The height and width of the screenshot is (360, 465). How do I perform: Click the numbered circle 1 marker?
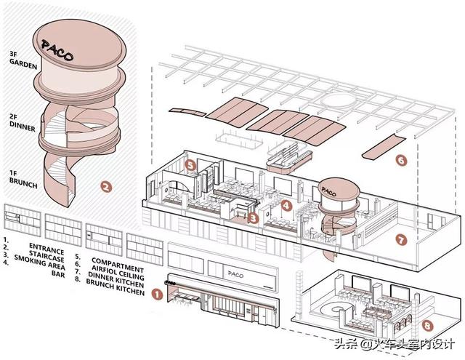tap(157, 294)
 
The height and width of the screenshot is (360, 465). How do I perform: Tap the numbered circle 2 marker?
tap(106, 186)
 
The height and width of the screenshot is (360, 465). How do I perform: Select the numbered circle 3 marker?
tap(253, 218)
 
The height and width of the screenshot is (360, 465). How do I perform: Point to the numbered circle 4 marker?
tap(286, 205)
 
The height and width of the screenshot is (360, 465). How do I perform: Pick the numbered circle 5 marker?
tap(190, 165)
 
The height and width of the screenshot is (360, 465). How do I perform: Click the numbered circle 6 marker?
tap(400, 161)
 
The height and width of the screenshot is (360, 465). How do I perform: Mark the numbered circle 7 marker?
tap(400, 239)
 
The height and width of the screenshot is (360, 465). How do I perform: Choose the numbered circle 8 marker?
tap(427, 326)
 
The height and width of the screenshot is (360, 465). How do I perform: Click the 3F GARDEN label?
tap(23, 60)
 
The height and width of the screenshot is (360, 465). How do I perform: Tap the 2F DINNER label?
tap(23, 122)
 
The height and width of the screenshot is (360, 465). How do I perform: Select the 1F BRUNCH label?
tap(23, 179)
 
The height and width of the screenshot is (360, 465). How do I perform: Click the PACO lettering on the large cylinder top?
tap(57, 51)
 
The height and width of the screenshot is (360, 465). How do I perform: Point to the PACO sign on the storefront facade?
tap(235, 274)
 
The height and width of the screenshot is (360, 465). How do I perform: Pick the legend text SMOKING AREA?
tap(39, 261)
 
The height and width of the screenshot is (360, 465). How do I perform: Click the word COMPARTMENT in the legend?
tap(118, 265)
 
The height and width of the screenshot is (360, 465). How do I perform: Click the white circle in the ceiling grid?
tap(338, 101)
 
